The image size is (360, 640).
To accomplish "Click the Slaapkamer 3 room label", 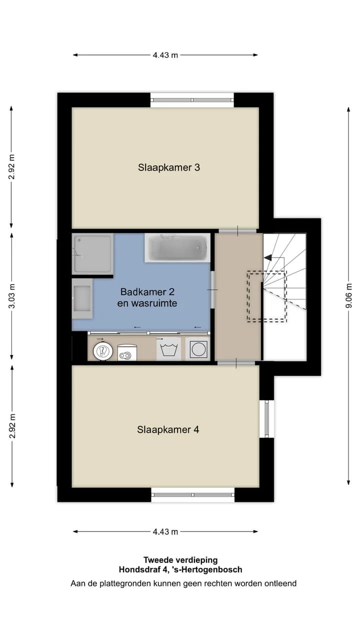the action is click(x=169, y=167).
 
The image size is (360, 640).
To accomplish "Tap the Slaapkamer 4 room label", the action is click(x=168, y=429).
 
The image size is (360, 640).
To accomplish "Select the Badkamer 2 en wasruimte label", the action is click(x=147, y=297).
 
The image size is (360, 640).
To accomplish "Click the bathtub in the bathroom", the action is click(x=177, y=247).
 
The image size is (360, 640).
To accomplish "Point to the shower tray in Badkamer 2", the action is click(x=92, y=253).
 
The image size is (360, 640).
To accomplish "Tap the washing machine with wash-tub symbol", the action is click(x=168, y=349).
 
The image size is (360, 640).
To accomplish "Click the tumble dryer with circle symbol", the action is click(x=197, y=349).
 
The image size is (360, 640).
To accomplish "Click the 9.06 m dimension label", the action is click(x=348, y=295).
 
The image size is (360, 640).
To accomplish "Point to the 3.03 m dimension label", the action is click(x=12, y=296).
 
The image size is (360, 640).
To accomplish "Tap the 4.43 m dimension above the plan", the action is click(x=165, y=55).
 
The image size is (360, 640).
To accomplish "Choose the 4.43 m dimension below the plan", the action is click(x=165, y=531).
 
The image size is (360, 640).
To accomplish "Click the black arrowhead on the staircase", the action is click(x=268, y=257).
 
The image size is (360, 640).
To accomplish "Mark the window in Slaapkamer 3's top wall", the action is click(x=192, y=100).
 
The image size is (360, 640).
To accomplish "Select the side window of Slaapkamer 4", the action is click(x=266, y=418).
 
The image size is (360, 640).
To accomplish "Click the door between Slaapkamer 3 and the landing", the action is click(x=237, y=231).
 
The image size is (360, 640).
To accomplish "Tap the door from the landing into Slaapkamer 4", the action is click(x=236, y=363).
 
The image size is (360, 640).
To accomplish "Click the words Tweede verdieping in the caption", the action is click(x=180, y=560).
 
